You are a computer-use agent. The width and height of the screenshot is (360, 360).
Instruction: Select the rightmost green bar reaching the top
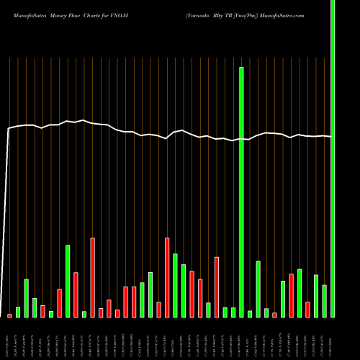point(332,144)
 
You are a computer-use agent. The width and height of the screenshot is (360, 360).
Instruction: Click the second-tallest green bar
point(241,192)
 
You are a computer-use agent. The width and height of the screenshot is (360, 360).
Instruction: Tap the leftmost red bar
point(10,315)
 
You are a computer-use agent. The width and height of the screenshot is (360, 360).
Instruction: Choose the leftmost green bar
point(18,312)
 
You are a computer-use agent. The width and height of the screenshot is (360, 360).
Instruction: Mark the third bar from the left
point(27,298)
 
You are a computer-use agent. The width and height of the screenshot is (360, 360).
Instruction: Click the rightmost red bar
point(307,310)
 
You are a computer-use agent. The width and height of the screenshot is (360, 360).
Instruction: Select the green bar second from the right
point(324,301)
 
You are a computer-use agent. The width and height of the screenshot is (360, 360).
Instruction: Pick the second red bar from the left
point(43,311)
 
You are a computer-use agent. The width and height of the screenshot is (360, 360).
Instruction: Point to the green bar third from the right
point(315,296)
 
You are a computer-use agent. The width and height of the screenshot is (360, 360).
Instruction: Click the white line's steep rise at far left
point(7,216)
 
